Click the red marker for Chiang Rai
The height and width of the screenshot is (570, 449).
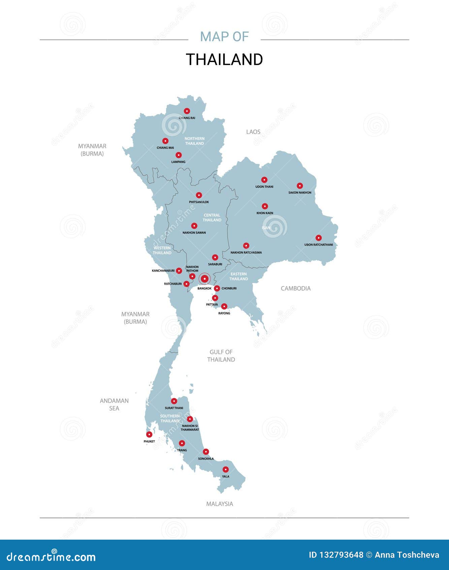point(187,111)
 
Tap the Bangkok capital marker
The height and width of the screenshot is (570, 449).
point(204,279)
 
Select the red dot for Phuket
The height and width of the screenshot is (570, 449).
point(149,434)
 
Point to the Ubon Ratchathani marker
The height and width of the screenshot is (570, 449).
point(319,238)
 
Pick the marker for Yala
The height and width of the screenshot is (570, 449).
point(226,469)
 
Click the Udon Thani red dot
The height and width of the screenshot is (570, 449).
point(264,180)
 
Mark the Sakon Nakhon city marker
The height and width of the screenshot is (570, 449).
point(300,186)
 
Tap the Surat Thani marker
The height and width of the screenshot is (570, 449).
point(174,401)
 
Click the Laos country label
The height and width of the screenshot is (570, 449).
point(253,132)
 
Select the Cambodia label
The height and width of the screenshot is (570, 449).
point(296,288)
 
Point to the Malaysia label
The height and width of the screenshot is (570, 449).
point(220,504)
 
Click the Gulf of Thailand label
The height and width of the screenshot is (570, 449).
point(221,356)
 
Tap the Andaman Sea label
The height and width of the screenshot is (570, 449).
point(114,404)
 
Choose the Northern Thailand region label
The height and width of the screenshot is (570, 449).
point(194,141)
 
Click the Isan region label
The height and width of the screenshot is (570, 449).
point(266,228)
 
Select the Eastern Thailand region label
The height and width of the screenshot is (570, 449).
point(238,277)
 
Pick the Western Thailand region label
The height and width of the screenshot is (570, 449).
point(162,250)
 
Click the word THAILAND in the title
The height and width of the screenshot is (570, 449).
point(224,60)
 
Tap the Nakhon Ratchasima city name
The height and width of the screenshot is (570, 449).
point(246,253)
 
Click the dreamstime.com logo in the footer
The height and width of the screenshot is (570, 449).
point(51,557)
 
